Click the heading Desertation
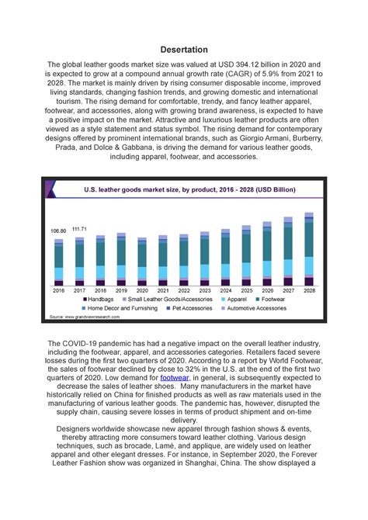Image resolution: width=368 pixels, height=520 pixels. [183, 50]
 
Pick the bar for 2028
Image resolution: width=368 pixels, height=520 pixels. [309, 248]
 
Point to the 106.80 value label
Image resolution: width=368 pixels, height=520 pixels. [58, 231]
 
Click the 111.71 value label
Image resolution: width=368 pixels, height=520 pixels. [79, 229]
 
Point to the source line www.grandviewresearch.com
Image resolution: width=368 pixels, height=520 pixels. [85, 317]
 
